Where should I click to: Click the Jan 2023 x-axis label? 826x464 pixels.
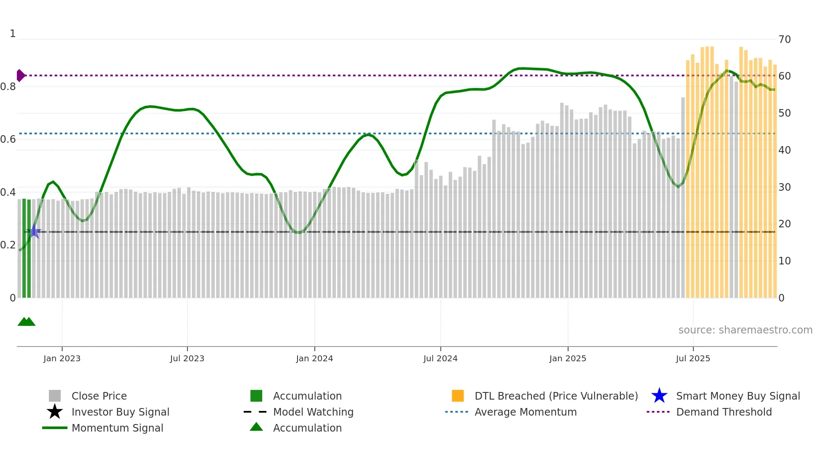[x=62, y=358]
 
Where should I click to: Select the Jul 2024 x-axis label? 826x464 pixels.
[x=440, y=358]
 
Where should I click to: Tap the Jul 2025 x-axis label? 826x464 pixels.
[x=693, y=358]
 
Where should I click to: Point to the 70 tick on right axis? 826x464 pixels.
[x=785, y=40]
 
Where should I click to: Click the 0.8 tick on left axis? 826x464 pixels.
[x=8, y=87]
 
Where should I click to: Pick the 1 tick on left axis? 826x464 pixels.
[x=13, y=34]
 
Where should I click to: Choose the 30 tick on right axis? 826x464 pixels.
[x=785, y=187]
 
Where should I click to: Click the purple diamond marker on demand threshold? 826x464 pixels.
[x=20, y=75]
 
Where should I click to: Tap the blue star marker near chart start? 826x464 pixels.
[x=34, y=232]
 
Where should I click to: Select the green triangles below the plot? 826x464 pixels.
[x=26, y=322]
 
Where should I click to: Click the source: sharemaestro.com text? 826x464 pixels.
[x=745, y=330]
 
